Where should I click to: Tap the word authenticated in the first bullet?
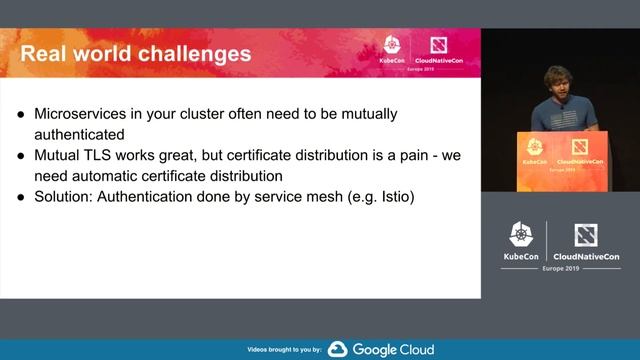point(81,132)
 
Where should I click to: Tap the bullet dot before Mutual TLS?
point(21,156)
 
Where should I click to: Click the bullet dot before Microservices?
point(21,113)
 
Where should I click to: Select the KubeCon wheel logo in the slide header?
point(394,45)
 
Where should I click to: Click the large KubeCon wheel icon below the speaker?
point(520,234)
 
